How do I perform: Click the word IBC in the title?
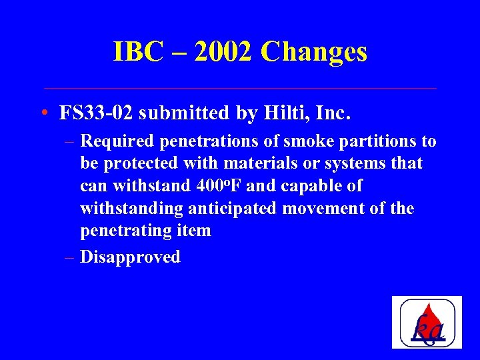138,52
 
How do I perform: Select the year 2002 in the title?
220,52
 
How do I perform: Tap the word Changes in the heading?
314,52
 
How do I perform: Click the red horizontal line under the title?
240,88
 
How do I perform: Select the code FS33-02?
97,113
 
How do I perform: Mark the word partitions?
377,141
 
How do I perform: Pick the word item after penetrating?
195,231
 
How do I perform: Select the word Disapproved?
130,257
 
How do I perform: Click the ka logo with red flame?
427,322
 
